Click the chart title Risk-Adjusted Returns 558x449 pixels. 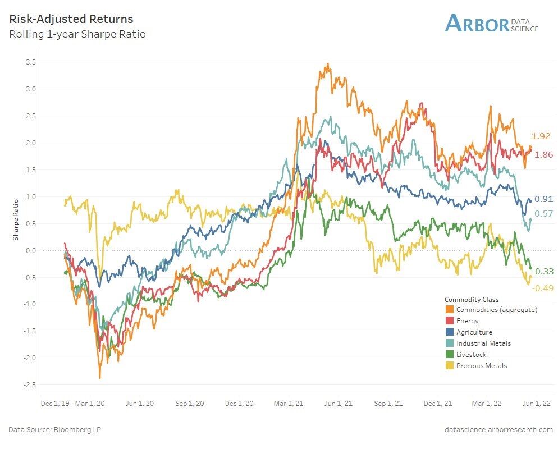point(71,19)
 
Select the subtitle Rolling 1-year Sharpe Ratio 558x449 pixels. point(77,34)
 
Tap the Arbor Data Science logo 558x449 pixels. point(491,23)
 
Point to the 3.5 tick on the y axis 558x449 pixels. point(31,62)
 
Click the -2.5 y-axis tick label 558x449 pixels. point(29,384)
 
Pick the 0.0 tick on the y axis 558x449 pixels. point(31,250)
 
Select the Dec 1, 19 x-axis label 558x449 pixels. point(55,403)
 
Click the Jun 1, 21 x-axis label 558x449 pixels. point(339,403)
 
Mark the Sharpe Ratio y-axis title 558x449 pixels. point(16,219)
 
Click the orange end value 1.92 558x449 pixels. point(541,136)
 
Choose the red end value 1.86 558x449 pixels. point(544,155)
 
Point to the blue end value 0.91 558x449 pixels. point(543,199)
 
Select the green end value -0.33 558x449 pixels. point(543,272)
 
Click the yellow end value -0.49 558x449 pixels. point(543,288)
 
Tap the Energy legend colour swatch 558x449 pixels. point(449,321)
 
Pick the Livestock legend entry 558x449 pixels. point(471,355)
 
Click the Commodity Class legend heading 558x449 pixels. point(471,299)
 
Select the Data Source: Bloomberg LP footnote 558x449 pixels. point(54,429)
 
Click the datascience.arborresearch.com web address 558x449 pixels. point(498,429)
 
